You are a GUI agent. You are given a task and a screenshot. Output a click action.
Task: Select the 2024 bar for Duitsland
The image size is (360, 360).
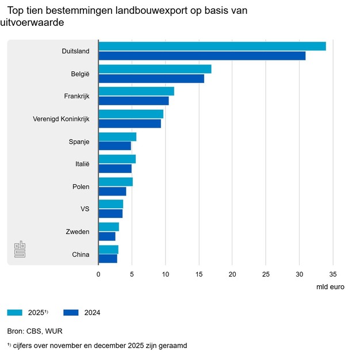tap(202, 56)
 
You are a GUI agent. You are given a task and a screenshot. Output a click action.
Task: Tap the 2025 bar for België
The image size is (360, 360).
tap(155, 69)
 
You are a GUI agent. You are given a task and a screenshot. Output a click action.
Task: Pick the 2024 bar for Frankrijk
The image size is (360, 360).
tap(133, 101)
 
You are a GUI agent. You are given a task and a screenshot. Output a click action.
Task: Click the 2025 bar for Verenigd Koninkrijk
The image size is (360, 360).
tap(131, 114)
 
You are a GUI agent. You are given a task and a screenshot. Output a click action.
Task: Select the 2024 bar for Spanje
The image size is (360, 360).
tap(114, 145)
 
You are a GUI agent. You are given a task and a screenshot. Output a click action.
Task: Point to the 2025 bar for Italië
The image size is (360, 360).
tap(117, 159)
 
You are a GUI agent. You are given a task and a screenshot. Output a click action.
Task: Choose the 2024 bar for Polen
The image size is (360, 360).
tap(112, 191)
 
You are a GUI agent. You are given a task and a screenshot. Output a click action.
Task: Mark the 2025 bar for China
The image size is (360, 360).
tap(108, 249)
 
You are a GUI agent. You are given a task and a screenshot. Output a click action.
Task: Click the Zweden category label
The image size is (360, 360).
tap(78, 231)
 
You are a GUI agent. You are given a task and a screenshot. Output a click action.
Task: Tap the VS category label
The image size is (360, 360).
tap(85, 209)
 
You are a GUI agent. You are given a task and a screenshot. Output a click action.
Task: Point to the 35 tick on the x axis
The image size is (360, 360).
tap(332, 275)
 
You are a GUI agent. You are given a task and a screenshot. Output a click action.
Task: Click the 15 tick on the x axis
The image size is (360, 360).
tap(199, 275)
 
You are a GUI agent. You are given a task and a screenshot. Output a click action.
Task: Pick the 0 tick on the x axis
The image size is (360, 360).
tap(98, 275)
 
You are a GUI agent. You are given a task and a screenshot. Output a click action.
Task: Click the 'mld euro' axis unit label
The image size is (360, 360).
tap(330, 286)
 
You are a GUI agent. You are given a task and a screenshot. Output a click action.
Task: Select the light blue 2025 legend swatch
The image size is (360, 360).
tap(14, 312)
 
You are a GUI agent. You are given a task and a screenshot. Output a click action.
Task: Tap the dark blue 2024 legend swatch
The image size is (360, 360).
tap(70, 312)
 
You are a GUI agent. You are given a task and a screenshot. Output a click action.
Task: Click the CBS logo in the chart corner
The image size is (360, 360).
tap(20, 249)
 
